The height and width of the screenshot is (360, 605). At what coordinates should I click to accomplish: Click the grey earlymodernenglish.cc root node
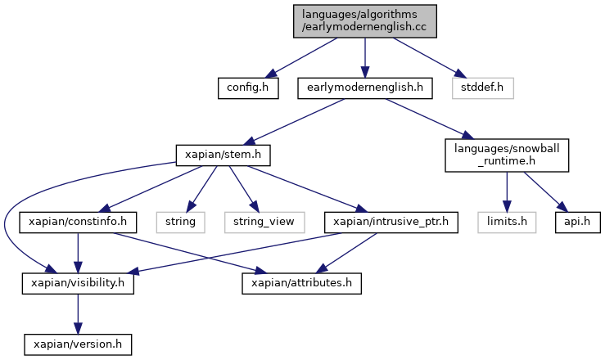(365, 21)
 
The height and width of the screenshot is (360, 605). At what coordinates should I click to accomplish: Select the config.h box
(248, 88)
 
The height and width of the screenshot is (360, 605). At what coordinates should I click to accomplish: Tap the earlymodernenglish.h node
(365, 88)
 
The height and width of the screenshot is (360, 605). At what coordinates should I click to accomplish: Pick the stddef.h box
(483, 88)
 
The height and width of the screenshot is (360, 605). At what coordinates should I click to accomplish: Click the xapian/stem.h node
(223, 155)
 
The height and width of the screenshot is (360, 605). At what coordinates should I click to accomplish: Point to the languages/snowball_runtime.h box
(507, 155)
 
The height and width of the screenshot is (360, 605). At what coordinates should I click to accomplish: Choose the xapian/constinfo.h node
(78, 223)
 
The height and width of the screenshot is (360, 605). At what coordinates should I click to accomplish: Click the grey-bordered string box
(181, 223)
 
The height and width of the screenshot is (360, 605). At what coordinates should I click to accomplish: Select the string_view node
(264, 223)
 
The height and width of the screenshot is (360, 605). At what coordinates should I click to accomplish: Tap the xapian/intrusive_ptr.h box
(391, 223)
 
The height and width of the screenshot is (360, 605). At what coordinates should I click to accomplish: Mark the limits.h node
(507, 223)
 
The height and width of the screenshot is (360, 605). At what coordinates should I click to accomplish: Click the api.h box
(578, 223)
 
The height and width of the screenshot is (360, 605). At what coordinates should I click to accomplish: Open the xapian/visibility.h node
(78, 284)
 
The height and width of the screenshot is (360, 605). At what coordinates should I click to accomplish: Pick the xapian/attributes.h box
(302, 284)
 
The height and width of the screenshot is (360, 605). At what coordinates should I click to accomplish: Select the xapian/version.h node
(78, 344)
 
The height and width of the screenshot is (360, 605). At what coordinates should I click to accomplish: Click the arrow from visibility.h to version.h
(78, 314)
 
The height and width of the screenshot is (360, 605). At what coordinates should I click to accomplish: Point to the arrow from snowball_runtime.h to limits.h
(507, 192)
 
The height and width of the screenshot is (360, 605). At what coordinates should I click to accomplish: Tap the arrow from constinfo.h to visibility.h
(78, 253)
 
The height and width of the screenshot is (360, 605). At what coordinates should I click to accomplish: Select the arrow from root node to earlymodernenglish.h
(365, 58)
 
